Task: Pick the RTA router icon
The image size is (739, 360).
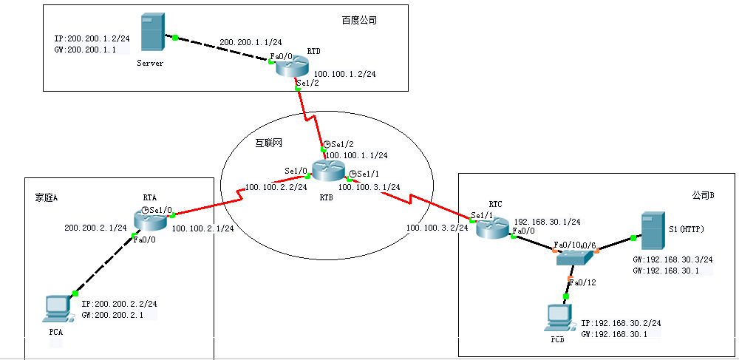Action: click(151, 219)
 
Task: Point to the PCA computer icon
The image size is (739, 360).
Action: click(57, 308)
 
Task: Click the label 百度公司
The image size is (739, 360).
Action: click(360, 20)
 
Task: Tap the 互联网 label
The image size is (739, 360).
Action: click(268, 143)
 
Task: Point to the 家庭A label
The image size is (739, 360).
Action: click(46, 197)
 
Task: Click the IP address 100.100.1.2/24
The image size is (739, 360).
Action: click(345, 74)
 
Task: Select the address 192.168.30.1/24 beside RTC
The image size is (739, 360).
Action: click(546, 221)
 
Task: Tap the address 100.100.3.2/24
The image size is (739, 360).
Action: click(437, 228)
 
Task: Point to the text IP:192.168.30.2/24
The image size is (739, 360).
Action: click(621, 323)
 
